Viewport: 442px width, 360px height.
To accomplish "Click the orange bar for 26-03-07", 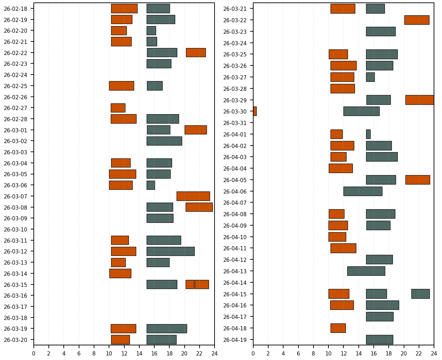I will [x=193, y=196].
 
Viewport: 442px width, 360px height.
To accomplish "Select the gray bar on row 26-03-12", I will [x=170, y=251].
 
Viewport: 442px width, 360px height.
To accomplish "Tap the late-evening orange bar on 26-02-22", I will [x=196, y=53].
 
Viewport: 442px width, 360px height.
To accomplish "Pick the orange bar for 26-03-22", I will [x=417, y=20].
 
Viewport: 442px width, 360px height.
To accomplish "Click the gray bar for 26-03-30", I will [x=361, y=111].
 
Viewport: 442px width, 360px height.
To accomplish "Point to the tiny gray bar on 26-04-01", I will [x=368, y=134].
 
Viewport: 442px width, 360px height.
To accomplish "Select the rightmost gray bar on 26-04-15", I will [x=420, y=294].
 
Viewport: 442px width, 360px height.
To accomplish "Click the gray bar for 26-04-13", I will [x=366, y=271].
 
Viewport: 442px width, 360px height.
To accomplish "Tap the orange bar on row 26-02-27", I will [x=118, y=108].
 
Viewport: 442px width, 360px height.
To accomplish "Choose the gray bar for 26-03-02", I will [x=164, y=141].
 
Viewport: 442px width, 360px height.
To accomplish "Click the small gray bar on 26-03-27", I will [x=370, y=77].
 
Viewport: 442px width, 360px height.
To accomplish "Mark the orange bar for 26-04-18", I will [x=338, y=328].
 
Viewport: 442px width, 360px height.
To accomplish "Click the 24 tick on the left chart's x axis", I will [x=215, y=354].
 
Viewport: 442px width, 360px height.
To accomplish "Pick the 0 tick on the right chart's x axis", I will [x=253, y=354].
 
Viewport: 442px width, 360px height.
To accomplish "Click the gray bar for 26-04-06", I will [x=363, y=191].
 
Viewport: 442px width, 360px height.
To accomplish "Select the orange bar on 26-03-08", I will [x=199, y=207].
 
